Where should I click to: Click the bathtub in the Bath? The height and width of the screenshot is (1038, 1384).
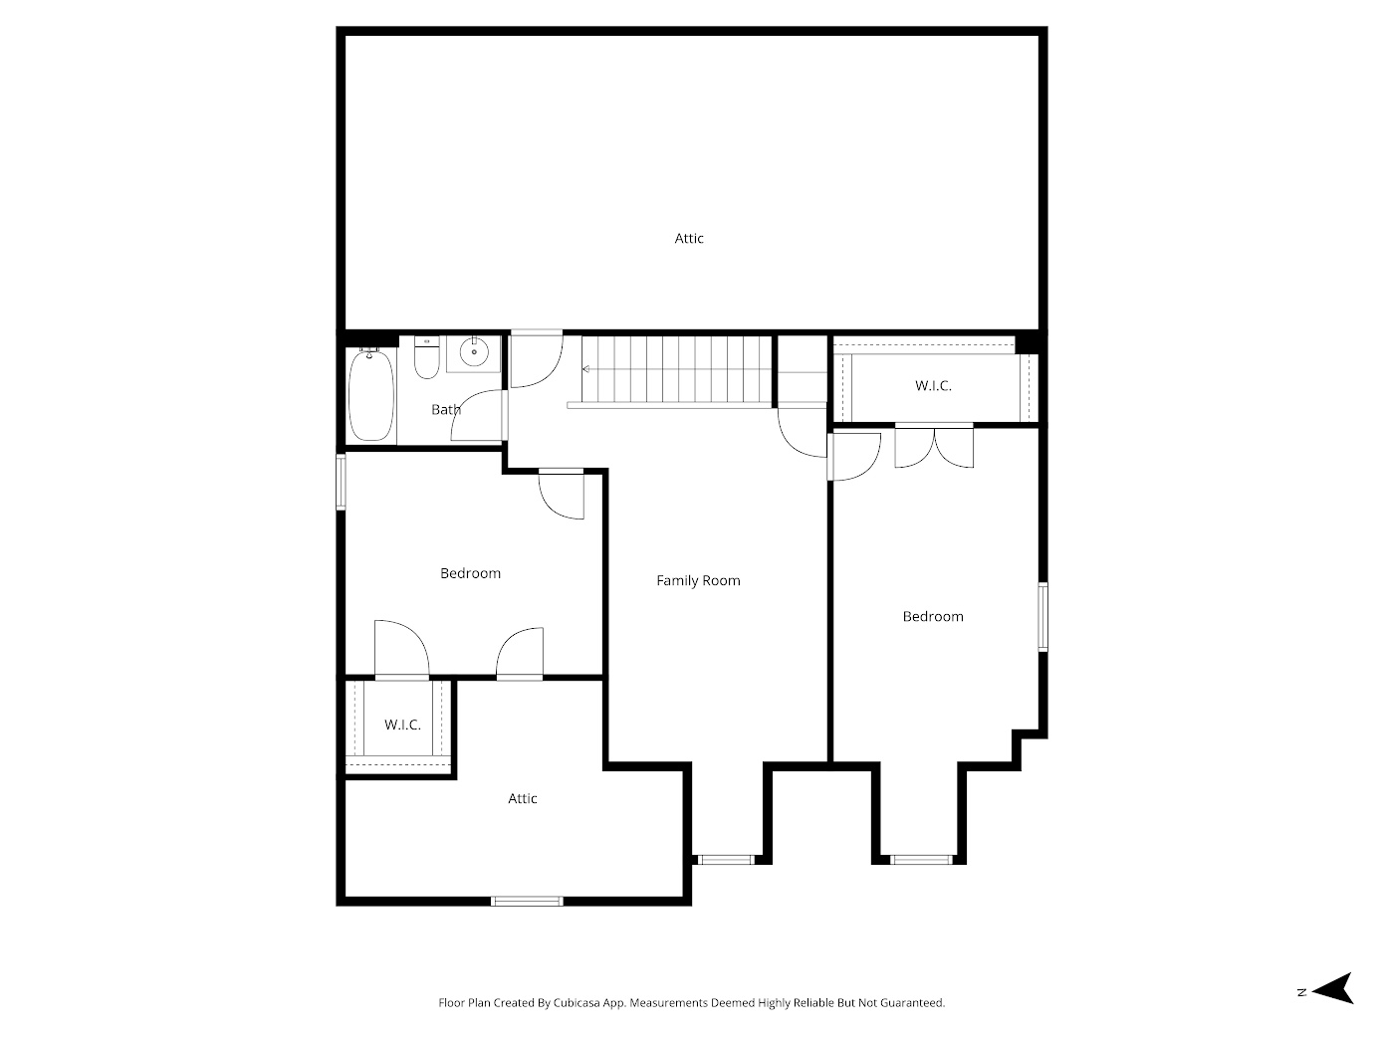[370, 396]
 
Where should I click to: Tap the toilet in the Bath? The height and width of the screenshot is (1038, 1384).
[427, 359]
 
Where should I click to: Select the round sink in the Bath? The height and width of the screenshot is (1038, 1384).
[475, 351]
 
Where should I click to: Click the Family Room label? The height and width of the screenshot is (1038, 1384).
[698, 580]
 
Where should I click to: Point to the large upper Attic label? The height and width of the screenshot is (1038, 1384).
[689, 238]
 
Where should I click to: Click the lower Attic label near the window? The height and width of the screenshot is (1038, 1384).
[523, 798]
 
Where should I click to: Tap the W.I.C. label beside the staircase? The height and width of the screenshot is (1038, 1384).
[933, 385]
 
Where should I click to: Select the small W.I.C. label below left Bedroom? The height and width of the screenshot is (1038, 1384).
[402, 725]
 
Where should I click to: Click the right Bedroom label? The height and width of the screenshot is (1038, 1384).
[933, 616]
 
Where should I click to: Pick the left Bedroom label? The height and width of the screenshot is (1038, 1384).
[470, 573]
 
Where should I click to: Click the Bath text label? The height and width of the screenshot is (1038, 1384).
[445, 409]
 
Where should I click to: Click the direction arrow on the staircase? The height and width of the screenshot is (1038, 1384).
[586, 369]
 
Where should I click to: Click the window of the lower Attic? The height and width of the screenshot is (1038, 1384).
[527, 902]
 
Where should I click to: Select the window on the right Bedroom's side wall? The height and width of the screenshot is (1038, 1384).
[1042, 617]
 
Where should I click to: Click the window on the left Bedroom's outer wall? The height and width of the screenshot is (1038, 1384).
[341, 482]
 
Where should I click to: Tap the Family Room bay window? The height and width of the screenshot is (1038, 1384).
[725, 859]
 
